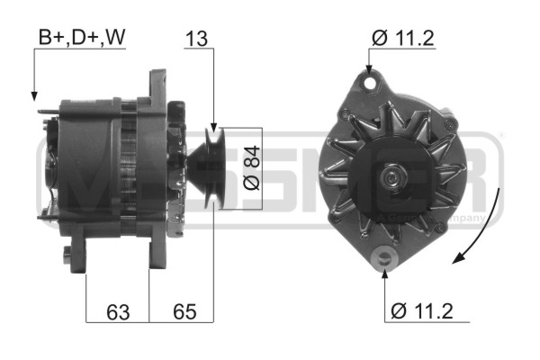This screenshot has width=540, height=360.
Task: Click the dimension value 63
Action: tap(117, 312)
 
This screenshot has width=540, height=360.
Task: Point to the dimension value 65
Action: tap(184, 312)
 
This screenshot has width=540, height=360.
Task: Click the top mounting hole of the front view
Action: tap(368, 83)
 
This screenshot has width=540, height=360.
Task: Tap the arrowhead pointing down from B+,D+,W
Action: tap(33, 94)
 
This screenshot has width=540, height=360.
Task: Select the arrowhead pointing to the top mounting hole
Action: tap(368, 69)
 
